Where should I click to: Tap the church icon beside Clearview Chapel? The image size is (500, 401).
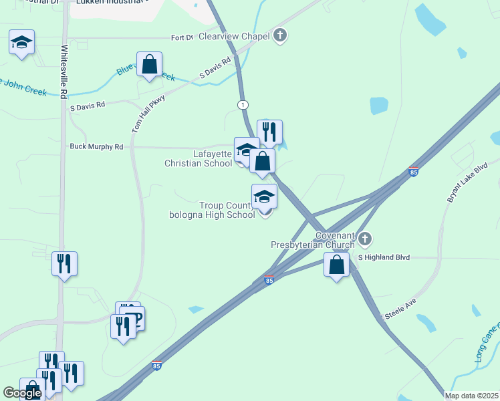tap(281, 35)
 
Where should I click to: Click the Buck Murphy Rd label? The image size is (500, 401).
tap(97, 146)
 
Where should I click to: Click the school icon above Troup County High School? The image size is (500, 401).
tap(265, 197)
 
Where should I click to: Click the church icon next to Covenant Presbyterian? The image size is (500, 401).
tap(364, 239)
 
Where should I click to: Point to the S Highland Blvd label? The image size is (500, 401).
tap(383, 257)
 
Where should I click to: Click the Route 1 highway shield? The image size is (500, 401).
tap(242, 105)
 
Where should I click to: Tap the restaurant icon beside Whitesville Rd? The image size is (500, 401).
tap(65, 265)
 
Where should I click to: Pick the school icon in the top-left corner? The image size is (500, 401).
tap(22, 43)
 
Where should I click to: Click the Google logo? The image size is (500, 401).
tap(22, 393)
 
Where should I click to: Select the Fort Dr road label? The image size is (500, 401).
tap(182, 37)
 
